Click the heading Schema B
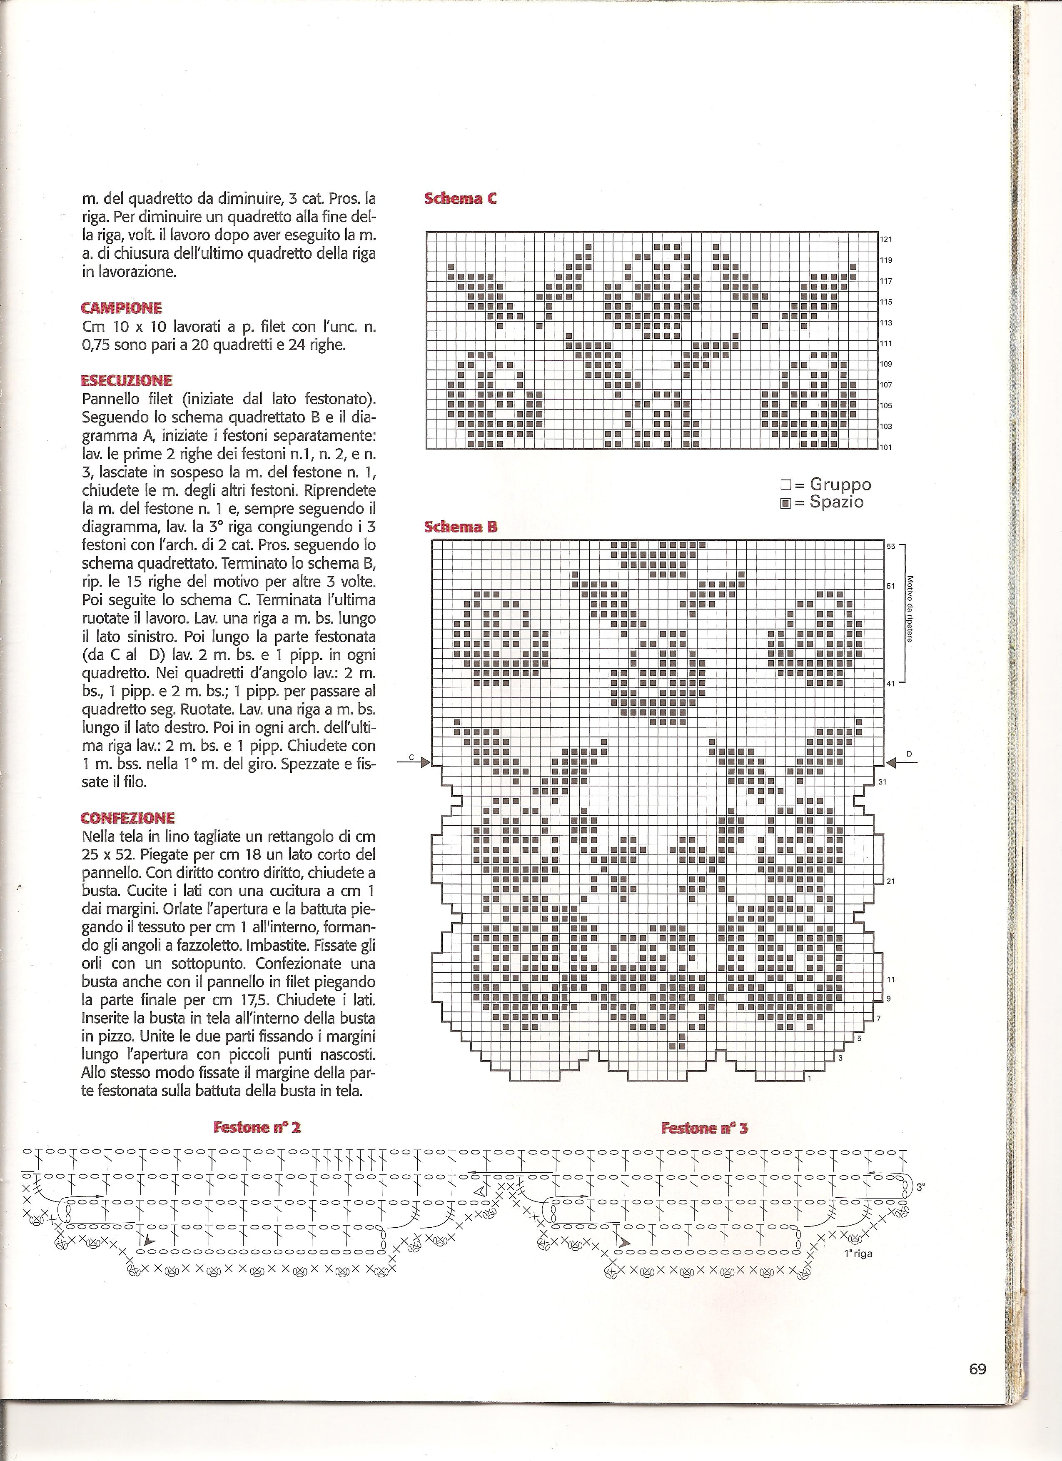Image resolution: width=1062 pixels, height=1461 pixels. click(x=461, y=527)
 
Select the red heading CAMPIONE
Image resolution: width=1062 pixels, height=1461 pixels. click(x=122, y=308)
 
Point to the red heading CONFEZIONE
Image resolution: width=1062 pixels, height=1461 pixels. click(x=127, y=818)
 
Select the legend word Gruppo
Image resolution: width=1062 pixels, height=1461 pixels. click(x=840, y=485)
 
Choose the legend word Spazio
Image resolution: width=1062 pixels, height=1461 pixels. click(x=837, y=502)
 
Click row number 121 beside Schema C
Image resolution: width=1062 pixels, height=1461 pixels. click(x=886, y=240)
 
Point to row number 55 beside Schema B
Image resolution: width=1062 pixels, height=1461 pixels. click(x=891, y=546)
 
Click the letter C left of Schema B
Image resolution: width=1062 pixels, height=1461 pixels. click(x=410, y=757)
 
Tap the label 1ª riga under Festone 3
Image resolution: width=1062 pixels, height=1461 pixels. click(x=858, y=1254)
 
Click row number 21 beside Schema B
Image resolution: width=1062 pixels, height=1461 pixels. click(x=891, y=881)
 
